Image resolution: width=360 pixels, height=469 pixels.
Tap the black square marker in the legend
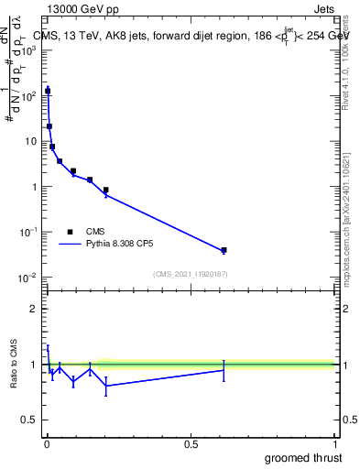coord(71,232)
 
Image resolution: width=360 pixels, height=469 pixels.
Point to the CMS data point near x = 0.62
coord(224,250)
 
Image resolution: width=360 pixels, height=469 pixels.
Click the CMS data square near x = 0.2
coord(105,191)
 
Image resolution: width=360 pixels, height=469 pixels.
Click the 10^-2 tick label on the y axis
coord(29,278)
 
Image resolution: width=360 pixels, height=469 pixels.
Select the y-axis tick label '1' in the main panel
coord(36,187)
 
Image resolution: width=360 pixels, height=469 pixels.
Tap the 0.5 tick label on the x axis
coord(191,444)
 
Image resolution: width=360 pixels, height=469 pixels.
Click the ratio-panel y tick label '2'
coord(33,309)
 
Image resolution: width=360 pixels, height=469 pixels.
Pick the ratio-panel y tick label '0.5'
coord(29,421)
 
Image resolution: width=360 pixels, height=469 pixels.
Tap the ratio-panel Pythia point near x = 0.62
coord(224,369)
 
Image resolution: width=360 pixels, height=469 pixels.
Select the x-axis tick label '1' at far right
coord(334,444)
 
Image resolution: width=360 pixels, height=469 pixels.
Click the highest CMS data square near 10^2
coord(47,91)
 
